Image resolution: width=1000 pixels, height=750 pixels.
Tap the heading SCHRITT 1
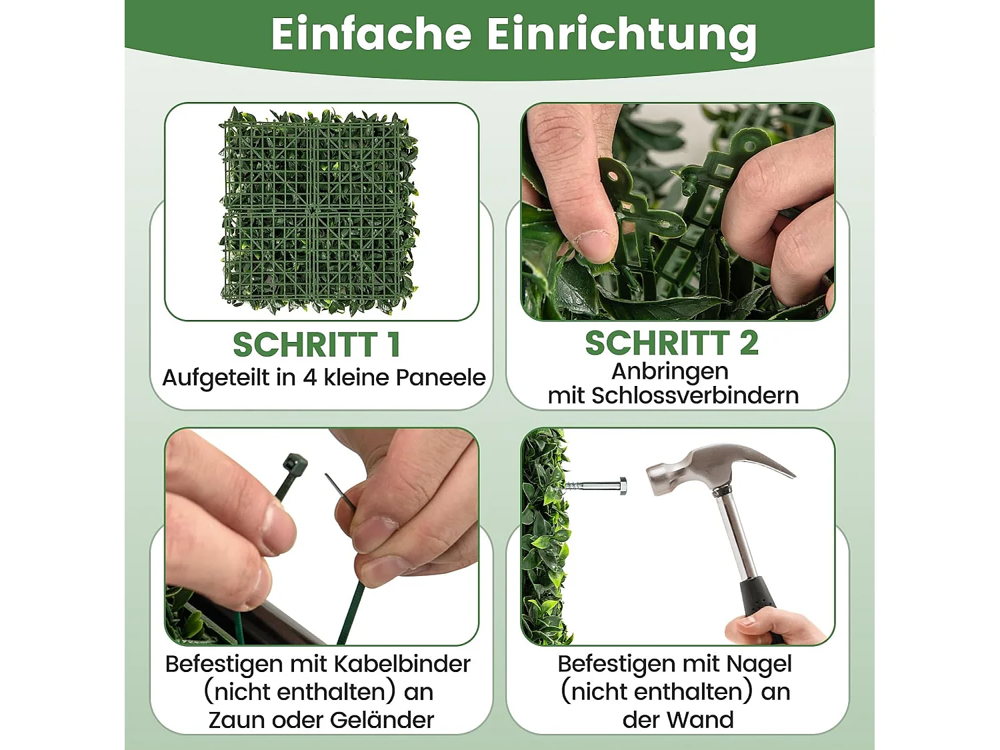(317, 345)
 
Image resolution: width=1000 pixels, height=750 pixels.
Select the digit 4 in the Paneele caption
(310, 378)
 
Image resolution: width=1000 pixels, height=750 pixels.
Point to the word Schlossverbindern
(695, 396)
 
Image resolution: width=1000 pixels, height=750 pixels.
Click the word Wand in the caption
(701, 720)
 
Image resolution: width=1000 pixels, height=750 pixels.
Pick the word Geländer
(382, 720)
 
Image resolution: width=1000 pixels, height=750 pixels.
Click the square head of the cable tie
(294, 465)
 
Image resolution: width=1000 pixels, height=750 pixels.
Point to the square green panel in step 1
(319, 211)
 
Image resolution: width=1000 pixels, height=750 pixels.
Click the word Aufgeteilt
(215, 378)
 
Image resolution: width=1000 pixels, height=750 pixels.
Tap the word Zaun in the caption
(235, 720)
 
